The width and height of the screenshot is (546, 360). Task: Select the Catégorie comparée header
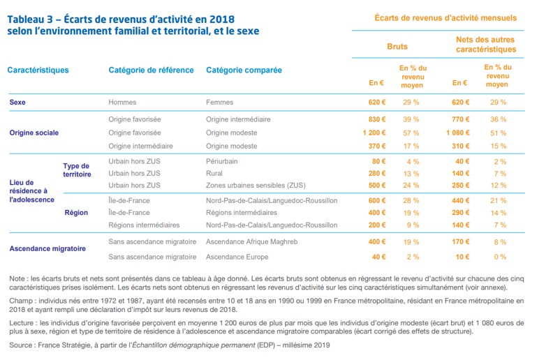pyautogui.click(x=244, y=70)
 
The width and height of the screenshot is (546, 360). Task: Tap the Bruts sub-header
pyautogui.click(x=397, y=46)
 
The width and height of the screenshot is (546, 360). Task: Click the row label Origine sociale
pyautogui.click(x=34, y=133)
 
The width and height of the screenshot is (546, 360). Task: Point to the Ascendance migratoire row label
pyautogui.click(x=47, y=249)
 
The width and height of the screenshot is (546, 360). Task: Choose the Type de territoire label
pyautogui.click(x=76, y=170)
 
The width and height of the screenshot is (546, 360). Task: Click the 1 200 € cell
pyautogui.click(x=374, y=133)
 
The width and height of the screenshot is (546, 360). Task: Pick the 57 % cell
pyautogui.click(x=411, y=133)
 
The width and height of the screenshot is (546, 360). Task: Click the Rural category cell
pyautogui.click(x=215, y=173)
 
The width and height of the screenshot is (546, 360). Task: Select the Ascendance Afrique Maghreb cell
pyautogui.click(x=251, y=241)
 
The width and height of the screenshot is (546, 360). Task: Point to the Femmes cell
pyautogui.click(x=220, y=103)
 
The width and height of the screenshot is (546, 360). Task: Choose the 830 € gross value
pyautogui.click(x=377, y=119)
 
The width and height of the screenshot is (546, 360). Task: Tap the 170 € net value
pyautogui.click(x=460, y=241)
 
